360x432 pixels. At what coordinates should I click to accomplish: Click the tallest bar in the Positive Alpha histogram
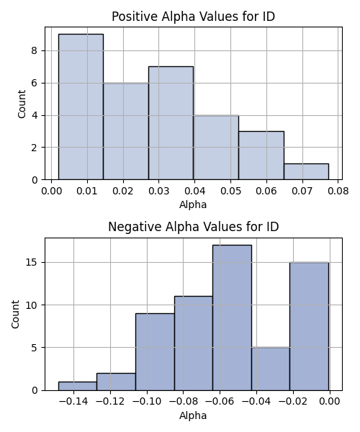pos(81,107)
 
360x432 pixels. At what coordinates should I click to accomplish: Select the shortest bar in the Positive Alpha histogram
pos(306,171)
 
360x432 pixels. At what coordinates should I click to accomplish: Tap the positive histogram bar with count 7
pos(171,123)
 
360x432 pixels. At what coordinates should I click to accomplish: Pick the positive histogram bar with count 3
pos(261,156)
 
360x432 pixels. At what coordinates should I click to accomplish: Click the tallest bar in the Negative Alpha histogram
pos(232,318)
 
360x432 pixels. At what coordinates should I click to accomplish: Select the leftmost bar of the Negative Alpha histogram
pos(77,386)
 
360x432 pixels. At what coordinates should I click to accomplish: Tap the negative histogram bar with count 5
pos(271,369)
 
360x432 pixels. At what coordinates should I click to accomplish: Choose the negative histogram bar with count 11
pos(194,343)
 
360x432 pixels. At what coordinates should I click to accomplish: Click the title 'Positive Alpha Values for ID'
pos(194,17)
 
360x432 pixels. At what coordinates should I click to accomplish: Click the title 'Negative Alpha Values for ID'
pos(194,227)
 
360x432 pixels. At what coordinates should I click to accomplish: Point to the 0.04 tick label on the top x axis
pos(194,191)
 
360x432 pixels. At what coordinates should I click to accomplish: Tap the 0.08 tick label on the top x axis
pos(338,191)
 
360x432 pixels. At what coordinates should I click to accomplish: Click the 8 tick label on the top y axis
pos(35,51)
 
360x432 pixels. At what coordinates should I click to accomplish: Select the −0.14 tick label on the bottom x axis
pos(73,402)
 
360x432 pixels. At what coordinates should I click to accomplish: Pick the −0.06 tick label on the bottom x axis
pos(220,402)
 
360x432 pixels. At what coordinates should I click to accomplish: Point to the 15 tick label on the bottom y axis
pos(32,262)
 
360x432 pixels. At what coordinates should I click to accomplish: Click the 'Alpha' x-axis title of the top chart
pos(193,204)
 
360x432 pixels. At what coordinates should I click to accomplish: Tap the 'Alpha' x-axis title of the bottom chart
pos(193,415)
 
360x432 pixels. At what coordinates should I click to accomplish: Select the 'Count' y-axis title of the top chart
pos(22,104)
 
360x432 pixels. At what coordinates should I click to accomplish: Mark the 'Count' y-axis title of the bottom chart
pos(15,315)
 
